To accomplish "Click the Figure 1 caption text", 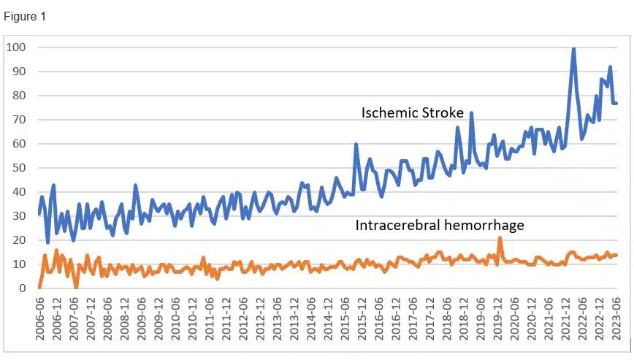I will (x=26, y=16).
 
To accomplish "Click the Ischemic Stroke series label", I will (x=412, y=113).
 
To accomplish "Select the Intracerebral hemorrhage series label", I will (x=440, y=226).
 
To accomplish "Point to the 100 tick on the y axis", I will (x=16, y=47).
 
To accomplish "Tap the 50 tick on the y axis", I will (x=19, y=168).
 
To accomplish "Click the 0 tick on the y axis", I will (x=22, y=288).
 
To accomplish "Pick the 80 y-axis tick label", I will (x=19, y=96).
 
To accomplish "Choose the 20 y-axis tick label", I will (x=19, y=240).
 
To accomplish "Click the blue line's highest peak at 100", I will (x=573, y=48).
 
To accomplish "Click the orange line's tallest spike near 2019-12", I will (x=500, y=238).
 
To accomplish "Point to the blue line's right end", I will (x=616, y=103).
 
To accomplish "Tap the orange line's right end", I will (x=616, y=255).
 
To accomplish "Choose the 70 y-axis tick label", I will (x=19, y=120).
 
